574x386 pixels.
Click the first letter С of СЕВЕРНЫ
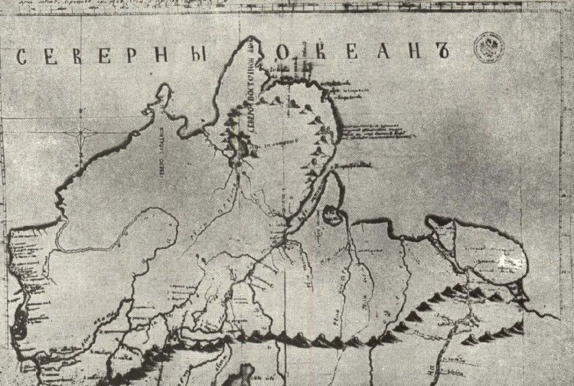23,58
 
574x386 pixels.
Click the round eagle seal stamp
488,48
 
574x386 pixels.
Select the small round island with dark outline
333,216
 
